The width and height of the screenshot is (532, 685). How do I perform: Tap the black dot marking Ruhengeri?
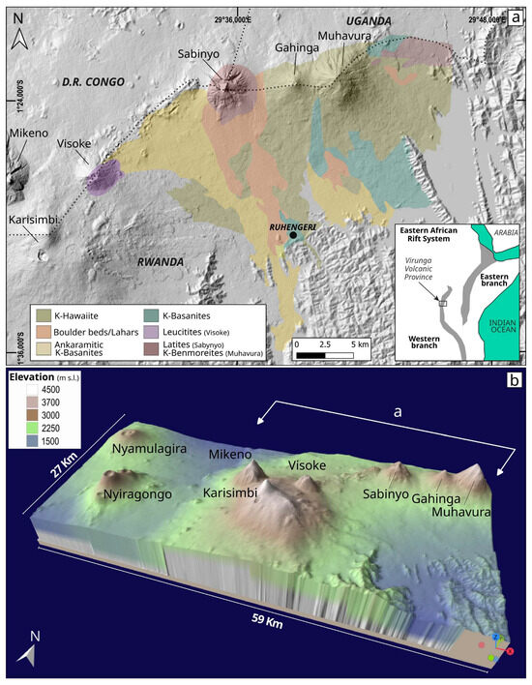[292, 235]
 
